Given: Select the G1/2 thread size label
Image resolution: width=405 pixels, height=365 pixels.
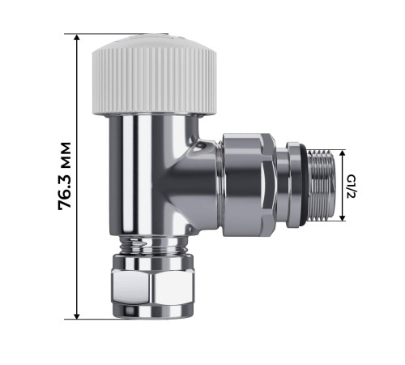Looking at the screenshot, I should coord(362,186).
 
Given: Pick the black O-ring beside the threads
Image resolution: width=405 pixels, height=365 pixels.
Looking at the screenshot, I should coord(301,186).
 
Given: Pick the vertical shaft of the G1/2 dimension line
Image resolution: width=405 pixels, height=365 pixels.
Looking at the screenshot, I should coord(343,186).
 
